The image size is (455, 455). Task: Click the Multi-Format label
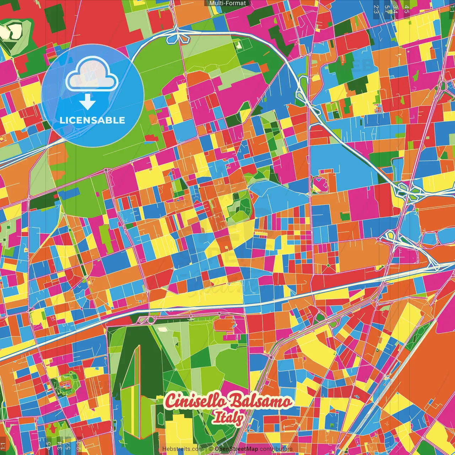[x=227, y=3]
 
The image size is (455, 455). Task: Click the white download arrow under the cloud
[x=87, y=102]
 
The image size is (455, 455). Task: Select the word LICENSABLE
[x=92, y=120]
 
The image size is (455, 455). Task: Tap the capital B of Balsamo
[x=235, y=401]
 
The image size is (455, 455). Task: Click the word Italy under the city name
[x=228, y=418]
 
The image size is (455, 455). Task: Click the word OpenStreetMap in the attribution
[x=236, y=449]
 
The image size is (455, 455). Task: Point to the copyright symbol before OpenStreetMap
[x=210, y=449]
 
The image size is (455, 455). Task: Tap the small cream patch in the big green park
[x=162, y=329]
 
